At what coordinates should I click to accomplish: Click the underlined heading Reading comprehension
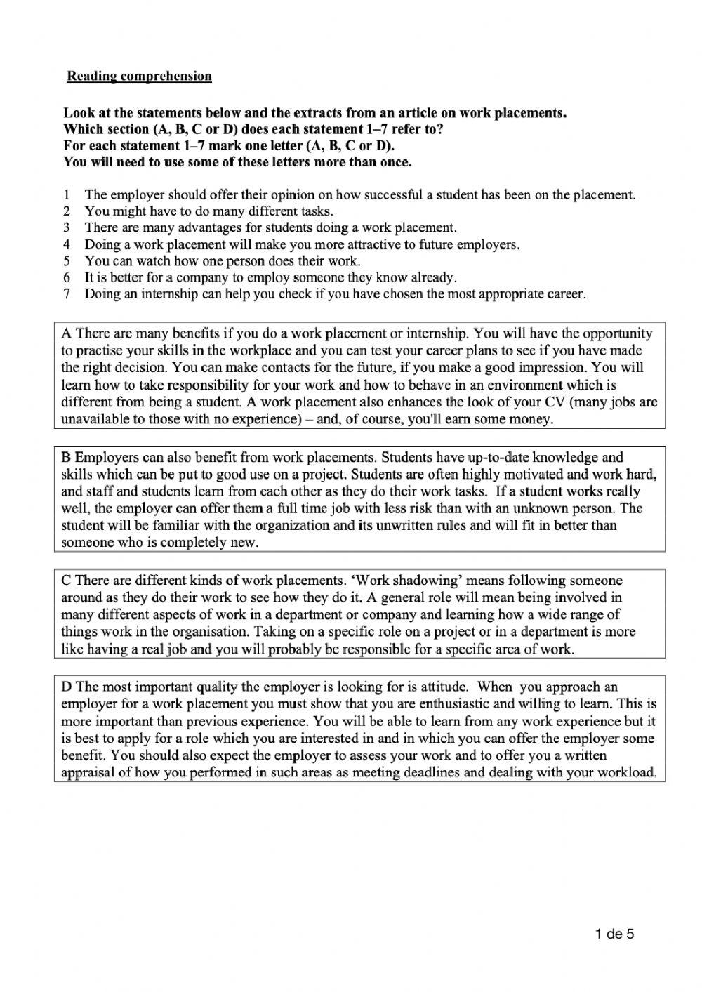tap(139, 76)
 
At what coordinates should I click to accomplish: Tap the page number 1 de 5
tap(614, 934)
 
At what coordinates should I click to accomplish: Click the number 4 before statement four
tap(67, 245)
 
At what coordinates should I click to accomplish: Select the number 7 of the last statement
tap(67, 294)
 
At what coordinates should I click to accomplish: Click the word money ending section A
tap(533, 420)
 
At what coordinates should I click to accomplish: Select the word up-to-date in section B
tap(490, 457)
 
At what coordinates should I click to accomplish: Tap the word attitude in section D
tap(444, 687)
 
